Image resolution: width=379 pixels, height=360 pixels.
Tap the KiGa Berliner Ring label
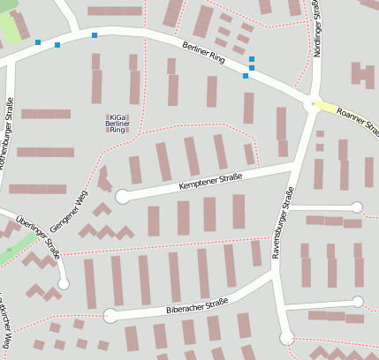117,123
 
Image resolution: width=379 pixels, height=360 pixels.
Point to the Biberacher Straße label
197,307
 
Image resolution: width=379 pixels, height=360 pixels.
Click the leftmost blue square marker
37,42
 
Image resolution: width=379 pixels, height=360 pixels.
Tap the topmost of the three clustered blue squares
252,59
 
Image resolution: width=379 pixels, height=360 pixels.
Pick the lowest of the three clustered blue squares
246,76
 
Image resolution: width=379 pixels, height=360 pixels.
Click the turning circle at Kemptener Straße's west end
122,197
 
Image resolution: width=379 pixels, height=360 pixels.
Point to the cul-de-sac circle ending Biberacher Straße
110,315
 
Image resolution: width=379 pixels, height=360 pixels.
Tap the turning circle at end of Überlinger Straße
63,283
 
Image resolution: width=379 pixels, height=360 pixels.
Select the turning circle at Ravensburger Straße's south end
286,337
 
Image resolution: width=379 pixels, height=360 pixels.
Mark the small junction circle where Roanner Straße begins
310,105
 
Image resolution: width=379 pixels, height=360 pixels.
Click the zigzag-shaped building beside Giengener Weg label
106,232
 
